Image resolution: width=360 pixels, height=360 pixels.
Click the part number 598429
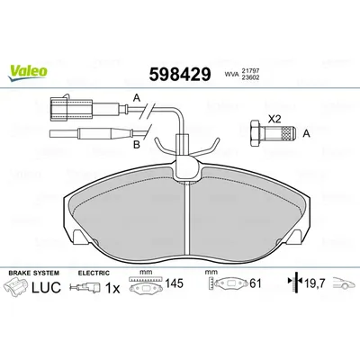point(180,74)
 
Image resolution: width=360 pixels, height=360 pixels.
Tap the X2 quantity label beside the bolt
point(274,120)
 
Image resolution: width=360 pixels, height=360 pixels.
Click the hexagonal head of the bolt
point(255,133)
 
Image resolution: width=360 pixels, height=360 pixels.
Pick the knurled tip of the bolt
point(287,133)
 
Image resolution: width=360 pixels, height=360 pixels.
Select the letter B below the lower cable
point(137,145)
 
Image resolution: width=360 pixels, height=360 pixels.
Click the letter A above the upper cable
point(137,98)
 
